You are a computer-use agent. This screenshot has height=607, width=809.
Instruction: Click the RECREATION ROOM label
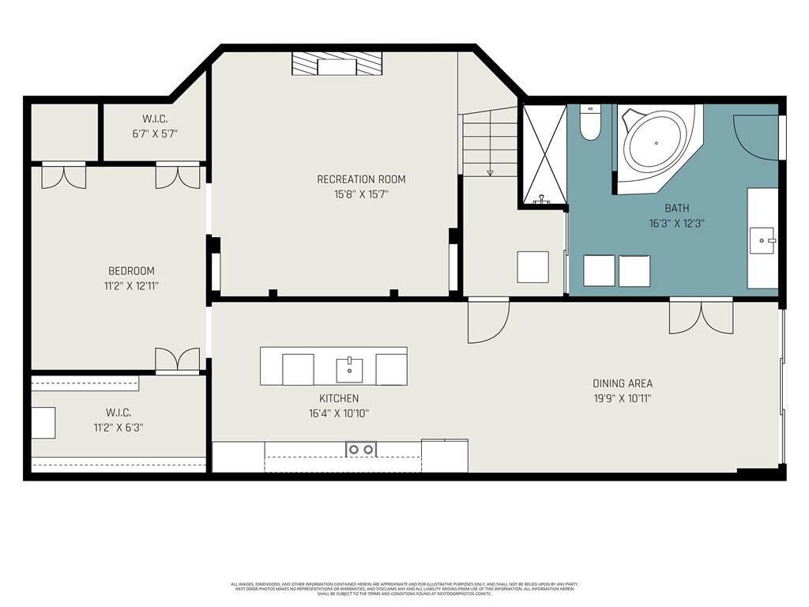(x=361, y=179)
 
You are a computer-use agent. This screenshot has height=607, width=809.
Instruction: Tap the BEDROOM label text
(x=131, y=271)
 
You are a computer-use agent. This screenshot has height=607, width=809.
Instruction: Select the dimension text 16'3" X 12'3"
(x=675, y=224)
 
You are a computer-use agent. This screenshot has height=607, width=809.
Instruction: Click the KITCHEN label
(x=339, y=398)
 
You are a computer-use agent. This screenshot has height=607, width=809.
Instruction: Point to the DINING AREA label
(x=623, y=383)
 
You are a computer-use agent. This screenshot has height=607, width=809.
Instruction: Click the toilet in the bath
(x=590, y=123)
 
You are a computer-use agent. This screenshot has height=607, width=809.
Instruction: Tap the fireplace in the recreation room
(x=337, y=64)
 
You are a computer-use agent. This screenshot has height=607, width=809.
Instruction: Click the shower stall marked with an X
(x=542, y=155)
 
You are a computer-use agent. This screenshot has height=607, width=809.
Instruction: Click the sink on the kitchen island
(x=349, y=369)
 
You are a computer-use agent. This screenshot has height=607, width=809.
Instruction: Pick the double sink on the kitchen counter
(x=360, y=450)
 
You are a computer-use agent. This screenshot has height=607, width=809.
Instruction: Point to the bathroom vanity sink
(x=762, y=238)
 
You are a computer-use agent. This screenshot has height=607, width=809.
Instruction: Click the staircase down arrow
(x=490, y=172)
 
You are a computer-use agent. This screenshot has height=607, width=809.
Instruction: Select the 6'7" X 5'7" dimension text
(x=155, y=134)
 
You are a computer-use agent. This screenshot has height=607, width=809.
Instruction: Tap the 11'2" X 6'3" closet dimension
(x=118, y=428)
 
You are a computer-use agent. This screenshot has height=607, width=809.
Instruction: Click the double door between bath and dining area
(x=701, y=315)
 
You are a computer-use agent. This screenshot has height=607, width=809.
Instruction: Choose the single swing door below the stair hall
(x=487, y=320)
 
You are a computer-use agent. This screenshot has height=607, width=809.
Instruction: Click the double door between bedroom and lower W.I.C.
(x=177, y=360)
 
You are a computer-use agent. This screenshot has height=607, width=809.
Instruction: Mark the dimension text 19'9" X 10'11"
(x=623, y=398)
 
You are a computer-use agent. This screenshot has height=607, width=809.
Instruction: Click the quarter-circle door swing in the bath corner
(x=754, y=137)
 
